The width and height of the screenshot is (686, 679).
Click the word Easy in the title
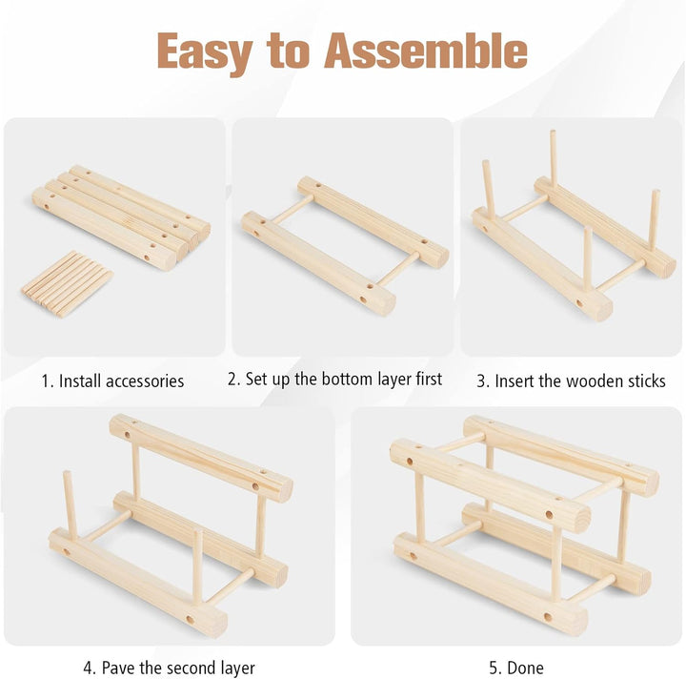[205, 52]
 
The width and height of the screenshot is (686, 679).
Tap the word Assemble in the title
[426, 51]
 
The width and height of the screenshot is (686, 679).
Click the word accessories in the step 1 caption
[145, 381]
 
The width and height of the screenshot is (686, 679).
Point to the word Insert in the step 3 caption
[514, 381]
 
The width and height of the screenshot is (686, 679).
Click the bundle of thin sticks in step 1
[68, 284]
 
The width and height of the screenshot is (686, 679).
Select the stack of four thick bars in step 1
[121, 217]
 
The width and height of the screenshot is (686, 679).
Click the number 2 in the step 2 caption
[233, 380]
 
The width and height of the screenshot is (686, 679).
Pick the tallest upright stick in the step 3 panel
[554, 158]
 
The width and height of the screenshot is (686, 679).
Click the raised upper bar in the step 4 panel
[201, 458]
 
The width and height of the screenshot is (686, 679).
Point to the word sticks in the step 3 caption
[647, 381]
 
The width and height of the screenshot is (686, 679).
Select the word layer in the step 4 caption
[236, 669]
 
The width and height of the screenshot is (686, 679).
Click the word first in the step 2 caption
[429, 379]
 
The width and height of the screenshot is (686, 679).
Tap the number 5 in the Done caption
[494, 669]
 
